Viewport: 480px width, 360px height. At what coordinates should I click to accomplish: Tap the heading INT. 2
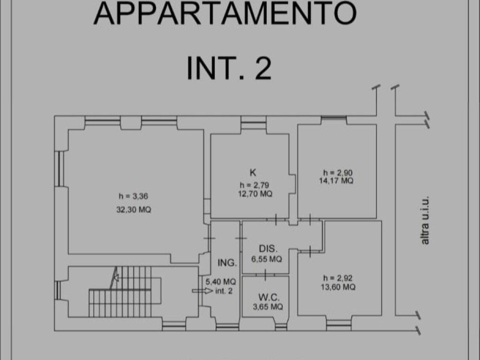229,68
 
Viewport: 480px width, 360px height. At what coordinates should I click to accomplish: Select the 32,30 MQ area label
134,210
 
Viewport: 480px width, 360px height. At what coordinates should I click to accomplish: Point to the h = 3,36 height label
134,196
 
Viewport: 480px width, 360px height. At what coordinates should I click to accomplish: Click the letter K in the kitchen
253,172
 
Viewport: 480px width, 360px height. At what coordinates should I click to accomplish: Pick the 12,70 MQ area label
255,193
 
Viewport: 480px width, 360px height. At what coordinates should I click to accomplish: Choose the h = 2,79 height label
254,184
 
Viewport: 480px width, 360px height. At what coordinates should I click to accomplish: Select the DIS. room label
269,248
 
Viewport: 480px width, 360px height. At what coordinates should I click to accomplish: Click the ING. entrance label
227,263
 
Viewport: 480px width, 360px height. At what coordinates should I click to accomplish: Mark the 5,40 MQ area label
220,282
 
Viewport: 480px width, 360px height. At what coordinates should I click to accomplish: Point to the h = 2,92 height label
337,278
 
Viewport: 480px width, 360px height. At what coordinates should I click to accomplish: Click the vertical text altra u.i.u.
425,220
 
